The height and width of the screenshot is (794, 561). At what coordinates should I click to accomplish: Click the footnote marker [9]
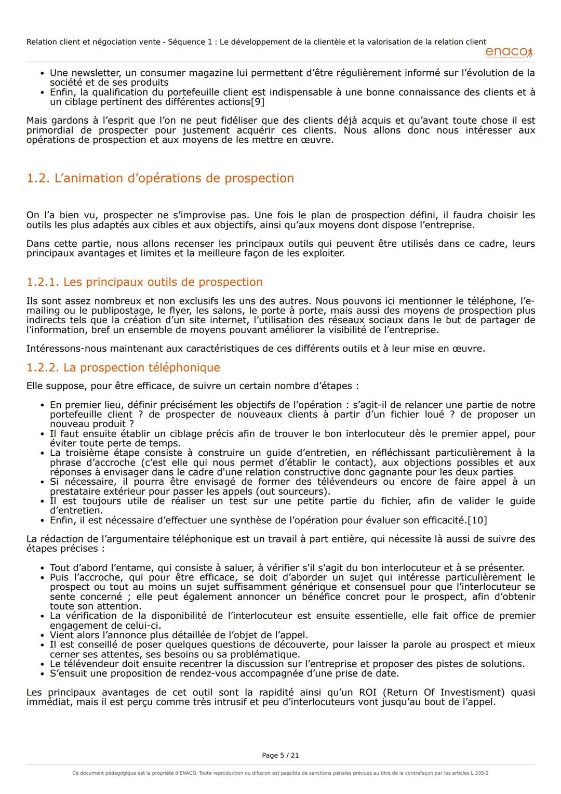click(x=258, y=102)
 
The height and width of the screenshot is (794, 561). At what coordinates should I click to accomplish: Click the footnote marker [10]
click(x=477, y=520)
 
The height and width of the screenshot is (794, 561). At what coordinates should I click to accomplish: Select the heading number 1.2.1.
click(x=43, y=282)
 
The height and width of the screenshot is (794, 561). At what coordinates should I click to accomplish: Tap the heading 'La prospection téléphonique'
click(x=141, y=368)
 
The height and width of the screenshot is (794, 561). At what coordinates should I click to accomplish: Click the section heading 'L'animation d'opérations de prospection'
click(x=173, y=178)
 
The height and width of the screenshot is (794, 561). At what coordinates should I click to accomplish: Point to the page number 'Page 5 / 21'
click(x=280, y=756)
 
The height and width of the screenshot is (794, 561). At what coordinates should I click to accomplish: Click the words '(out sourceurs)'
click(x=297, y=492)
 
